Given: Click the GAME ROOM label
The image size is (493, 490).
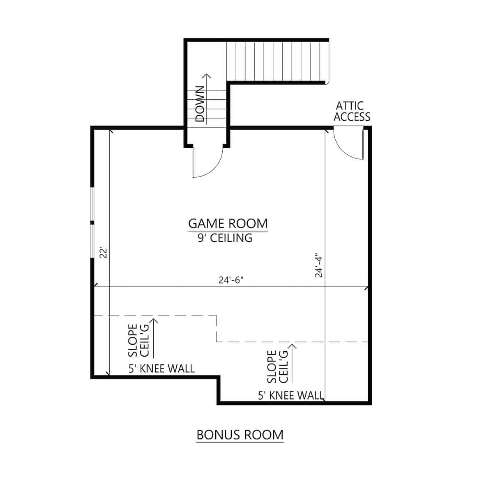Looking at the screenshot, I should pyautogui.click(x=228, y=224).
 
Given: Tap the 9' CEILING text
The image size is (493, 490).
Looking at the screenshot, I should pyautogui.click(x=225, y=238).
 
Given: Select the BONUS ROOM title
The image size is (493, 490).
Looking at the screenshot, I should pyautogui.click(x=240, y=435).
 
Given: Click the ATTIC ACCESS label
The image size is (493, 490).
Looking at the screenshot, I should pyautogui.click(x=352, y=111).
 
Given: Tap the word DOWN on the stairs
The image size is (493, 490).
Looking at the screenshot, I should pyautogui.click(x=200, y=104).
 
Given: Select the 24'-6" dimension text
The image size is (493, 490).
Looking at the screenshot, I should pyautogui.click(x=231, y=280).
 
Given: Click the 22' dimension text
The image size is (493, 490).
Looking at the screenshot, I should pyautogui.click(x=104, y=252).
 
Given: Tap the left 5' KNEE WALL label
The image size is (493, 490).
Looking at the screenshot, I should pyautogui.click(x=161, y=369).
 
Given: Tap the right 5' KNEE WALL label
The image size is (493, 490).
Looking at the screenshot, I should pyautogui.click(x=290, y=396).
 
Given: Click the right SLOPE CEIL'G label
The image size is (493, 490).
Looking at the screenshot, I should pyautogui.click(x=277, y=366).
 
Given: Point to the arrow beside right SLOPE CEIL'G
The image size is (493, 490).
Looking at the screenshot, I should pyautogui.click(x=293, y=363).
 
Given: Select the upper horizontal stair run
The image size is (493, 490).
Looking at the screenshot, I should pyautogui.click(x=277, y=62).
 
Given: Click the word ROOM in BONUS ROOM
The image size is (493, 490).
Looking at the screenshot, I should pyautogui.click(x=264, y=435).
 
